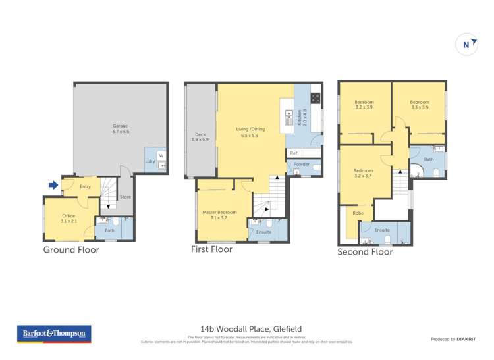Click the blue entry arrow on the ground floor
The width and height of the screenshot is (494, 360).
pos(53,186)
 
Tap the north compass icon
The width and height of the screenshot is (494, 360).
pos(466,45)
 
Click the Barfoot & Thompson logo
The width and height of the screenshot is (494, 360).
pos(55,334)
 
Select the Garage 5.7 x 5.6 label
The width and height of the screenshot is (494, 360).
pos(120,129)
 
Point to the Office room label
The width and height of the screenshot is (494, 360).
pos(69,219)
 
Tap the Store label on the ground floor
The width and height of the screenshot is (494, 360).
pos(125,197)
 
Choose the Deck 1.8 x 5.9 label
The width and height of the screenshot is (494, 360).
pos(200,137)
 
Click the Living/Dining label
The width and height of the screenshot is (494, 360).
pos(250,132)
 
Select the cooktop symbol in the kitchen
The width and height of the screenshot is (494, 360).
pos(315,100)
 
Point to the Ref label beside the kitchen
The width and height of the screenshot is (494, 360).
pos(294,153)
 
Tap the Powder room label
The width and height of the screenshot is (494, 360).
pos(302,164)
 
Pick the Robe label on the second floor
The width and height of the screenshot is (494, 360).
pos(358,213)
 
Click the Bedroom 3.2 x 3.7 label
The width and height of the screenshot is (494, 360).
pos(364,173)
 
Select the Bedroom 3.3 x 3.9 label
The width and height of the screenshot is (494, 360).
pos(420,105)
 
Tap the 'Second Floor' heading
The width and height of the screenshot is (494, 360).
pos(365,252)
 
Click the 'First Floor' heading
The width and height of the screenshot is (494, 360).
pos(213,250)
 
